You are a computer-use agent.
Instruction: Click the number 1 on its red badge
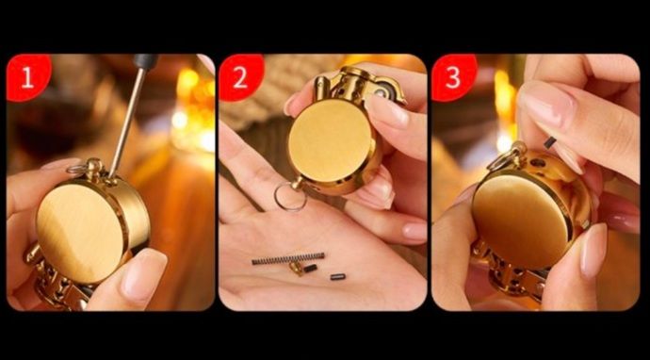click(27, 78)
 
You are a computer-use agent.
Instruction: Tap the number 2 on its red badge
click(240, 78)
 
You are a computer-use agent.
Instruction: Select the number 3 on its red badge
click(453, 78)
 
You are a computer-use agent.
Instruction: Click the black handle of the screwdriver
click(145, 61)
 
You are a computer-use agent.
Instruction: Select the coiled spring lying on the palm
click(288, 258)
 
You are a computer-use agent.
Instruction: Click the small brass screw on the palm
click(297, 269)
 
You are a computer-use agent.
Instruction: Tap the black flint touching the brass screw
click(310, 269)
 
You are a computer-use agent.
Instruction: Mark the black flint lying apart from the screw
click(338, 276)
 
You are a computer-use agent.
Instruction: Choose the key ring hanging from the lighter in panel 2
click(290, 197)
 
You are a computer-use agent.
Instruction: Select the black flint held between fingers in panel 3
click(550, 142)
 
